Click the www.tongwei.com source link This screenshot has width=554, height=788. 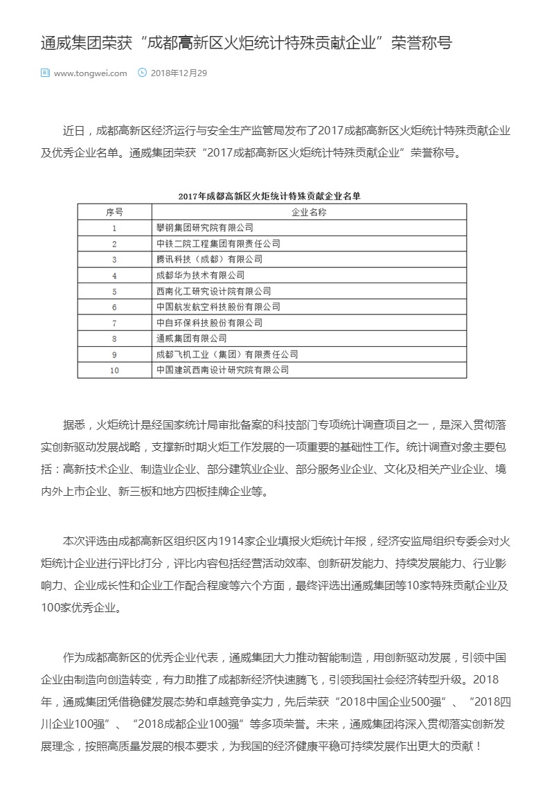(90, 73)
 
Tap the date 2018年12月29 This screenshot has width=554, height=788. (179, 73)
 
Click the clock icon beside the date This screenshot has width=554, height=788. (143, 72)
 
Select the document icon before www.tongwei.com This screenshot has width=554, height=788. (45, 72)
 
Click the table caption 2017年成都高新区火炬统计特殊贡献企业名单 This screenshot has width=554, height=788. (269, 197)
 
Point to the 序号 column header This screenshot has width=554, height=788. (114, 212)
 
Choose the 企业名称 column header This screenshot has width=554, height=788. (309, 212)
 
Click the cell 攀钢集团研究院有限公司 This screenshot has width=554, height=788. (205, 227)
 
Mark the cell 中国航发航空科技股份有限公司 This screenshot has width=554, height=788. (218, 307)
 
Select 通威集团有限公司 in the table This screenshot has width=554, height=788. (192, 339)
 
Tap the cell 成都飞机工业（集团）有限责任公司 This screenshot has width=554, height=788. (227, 355)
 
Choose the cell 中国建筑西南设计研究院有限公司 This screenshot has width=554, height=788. (222, 370)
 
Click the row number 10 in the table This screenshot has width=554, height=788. (114, 370)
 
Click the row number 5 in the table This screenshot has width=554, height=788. (114, 291)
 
